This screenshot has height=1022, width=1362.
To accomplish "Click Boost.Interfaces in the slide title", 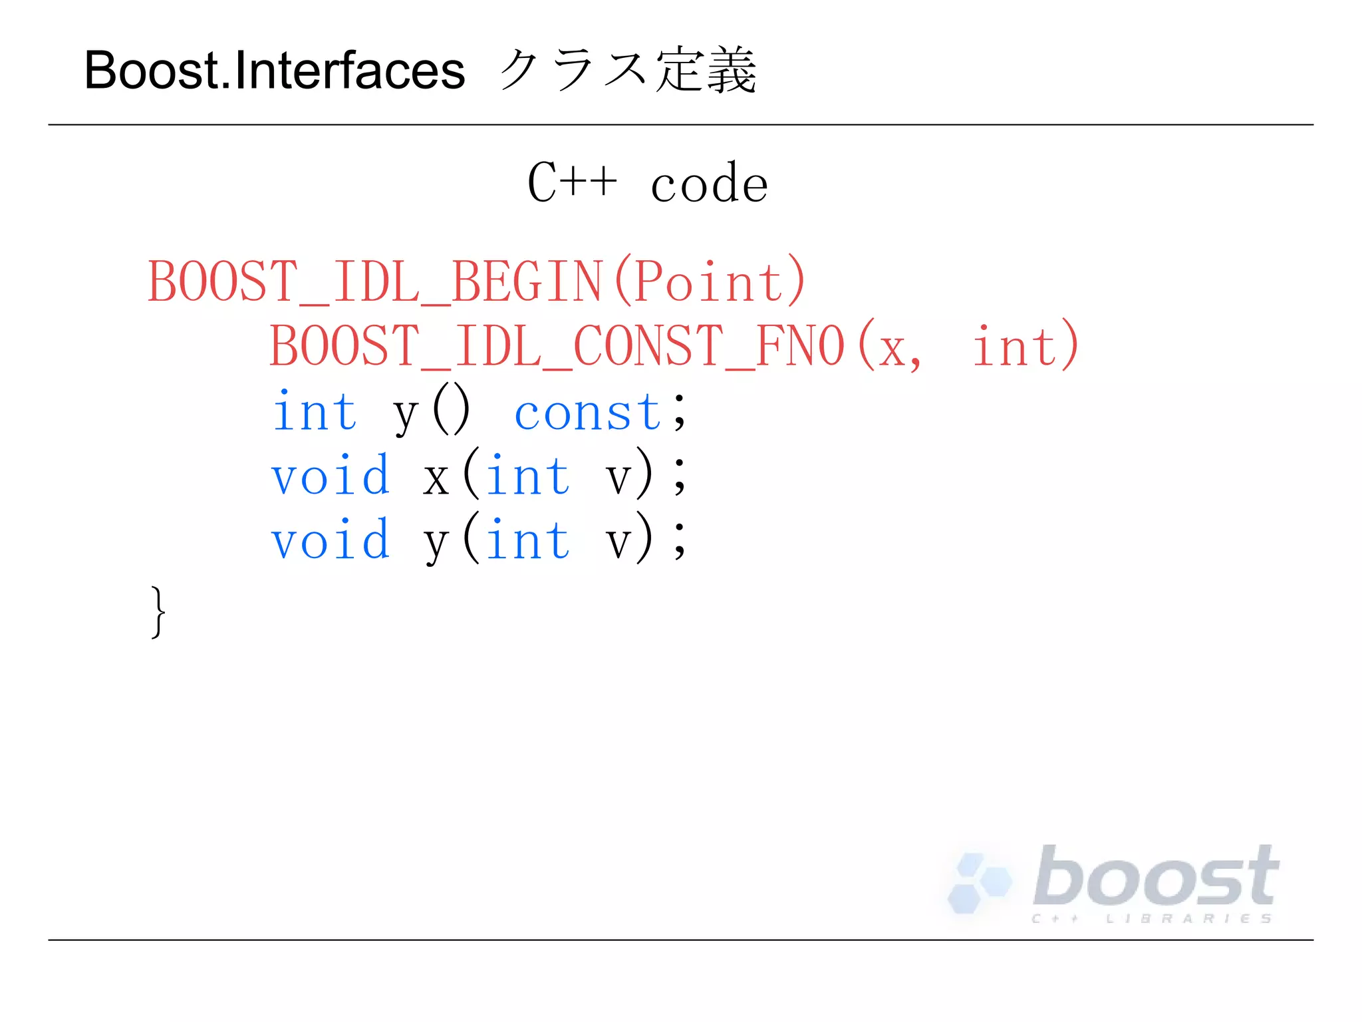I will pyautogui.click(x=274, y=71).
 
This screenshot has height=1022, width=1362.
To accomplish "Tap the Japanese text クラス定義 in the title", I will pyautogui.click(x=626, y=71).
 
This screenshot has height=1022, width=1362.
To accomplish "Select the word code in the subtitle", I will pyautogui.click(x=709, y=184).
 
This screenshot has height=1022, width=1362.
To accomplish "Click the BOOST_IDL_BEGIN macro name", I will pyautogui.click(x=374, y=281).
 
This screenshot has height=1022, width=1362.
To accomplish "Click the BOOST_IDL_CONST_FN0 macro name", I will pyautogui.click(x=557, y=346).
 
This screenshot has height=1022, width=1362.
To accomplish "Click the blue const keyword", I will pyautogui.click(x=588, y=412).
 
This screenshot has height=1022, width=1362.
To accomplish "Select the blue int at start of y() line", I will pyautogui.click(x=315, y=412).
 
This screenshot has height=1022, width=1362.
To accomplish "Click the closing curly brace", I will pyautogui.click(x=158, y=612).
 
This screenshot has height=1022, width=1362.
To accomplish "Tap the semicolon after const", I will pyautogui.click(x=679, y=413).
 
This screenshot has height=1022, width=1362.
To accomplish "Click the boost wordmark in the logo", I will pyautogui.click(x=1156, y=877).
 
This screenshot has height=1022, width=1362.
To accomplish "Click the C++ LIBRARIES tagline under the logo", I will pyautogui.click(x=1152, y=919).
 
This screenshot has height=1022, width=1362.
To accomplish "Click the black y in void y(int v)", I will pyautogui.click(x=436, y=542).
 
